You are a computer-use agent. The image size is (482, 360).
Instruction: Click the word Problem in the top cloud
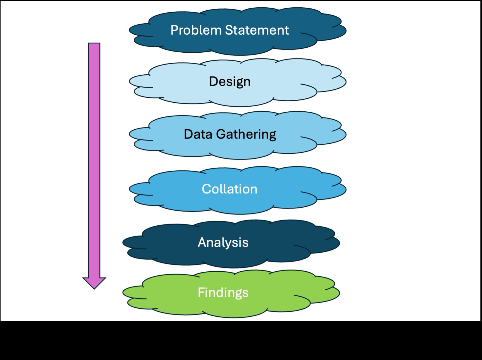(196, 30)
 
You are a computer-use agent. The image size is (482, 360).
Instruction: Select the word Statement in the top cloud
(257, 30)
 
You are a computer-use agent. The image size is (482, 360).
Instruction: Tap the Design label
(230, 81)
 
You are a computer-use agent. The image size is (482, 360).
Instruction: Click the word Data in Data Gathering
(198, 134)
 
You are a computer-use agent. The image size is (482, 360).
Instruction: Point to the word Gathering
(246, 135)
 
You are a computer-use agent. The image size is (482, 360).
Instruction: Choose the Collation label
(229, 189)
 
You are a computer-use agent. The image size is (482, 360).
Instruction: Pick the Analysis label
(223, 242)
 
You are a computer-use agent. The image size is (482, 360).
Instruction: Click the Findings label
(223, 293)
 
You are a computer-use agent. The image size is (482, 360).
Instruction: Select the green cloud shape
(169, 302)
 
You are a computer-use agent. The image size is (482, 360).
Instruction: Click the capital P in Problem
(174, 30)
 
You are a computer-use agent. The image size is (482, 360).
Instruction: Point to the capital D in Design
(213, 81)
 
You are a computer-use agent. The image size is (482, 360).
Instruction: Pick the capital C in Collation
(206, 189)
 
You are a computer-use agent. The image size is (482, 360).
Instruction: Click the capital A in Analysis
(202, 242)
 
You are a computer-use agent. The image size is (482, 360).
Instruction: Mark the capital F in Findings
(201, 292)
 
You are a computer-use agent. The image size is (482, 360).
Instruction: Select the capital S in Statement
(229, 30)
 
